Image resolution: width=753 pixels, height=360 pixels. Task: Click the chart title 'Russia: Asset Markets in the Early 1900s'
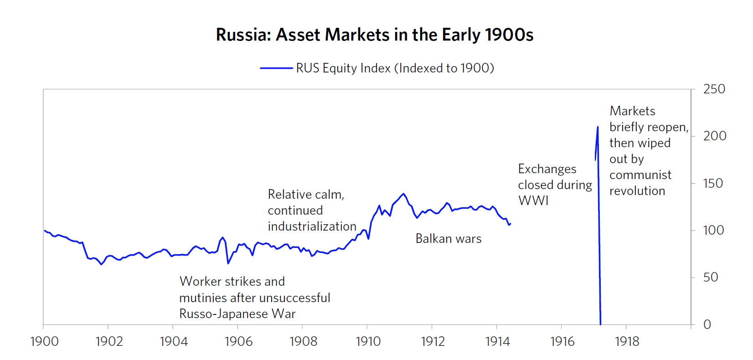click(374, 35)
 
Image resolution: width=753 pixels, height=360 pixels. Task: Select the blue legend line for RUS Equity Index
click(276, 68)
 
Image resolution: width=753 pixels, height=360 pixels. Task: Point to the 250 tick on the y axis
click(714, 89)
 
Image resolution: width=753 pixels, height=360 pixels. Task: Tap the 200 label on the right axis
click(714, 136)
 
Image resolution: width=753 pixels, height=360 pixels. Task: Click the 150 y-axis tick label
click(713, 183)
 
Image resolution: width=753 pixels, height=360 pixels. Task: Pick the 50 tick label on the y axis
click(711, 277)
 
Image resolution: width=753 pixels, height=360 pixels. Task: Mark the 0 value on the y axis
click(707, 324)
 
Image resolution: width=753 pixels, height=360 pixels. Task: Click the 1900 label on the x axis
click(44, 341)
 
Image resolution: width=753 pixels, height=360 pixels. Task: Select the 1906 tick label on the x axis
click(238, 341)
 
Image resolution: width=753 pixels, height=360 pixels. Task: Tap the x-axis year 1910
click(368, 341)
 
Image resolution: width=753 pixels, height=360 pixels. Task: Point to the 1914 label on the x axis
click(497, 341)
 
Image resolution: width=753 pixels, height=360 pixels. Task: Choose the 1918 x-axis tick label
click(627, 341)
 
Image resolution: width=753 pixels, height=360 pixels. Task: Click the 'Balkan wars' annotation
click(449, 239)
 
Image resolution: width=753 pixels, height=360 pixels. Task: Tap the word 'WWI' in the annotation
click(533, 201)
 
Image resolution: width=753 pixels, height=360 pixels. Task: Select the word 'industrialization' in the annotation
click(312, 226)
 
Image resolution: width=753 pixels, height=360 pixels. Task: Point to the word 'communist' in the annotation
click(640, 175)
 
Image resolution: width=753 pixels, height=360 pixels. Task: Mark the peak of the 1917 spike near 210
click(598, 127)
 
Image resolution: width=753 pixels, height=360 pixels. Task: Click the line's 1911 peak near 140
click(403, 194)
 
